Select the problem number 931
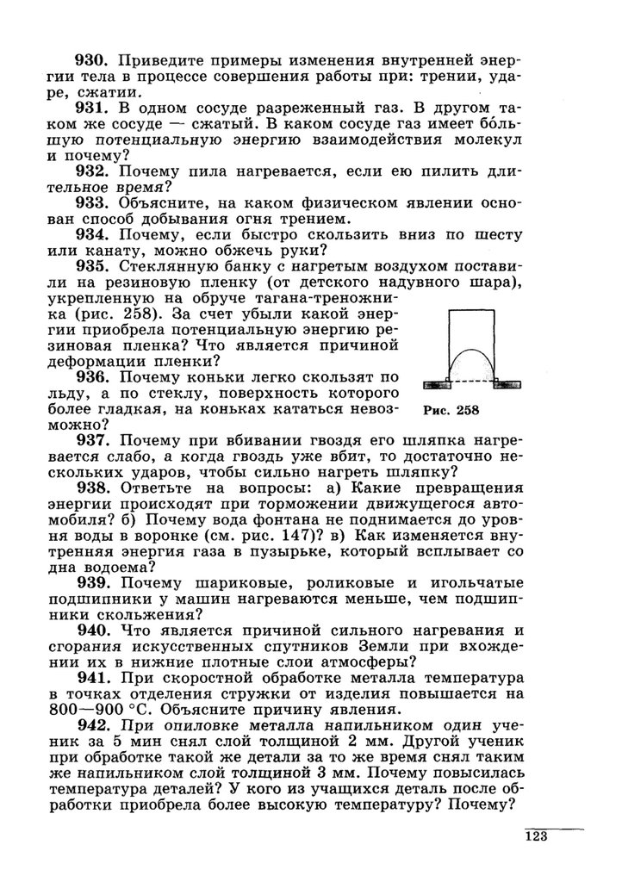[x=90, y=109]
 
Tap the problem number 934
[x=90, y=235]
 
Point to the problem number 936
[x=90, y=376]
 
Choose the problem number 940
[x=90, y=630]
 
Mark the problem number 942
[x=90, y=727]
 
